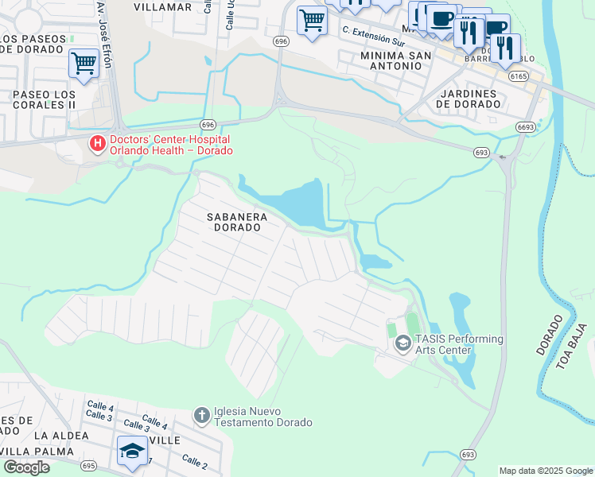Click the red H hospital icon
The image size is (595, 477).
[97, 143]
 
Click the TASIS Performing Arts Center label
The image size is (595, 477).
[459, 344]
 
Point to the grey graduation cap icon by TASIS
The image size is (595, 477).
[402, 343]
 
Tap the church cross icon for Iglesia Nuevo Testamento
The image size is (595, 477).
[202, 415]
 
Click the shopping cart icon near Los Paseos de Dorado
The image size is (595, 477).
[84, 63]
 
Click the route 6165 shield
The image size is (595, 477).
[519, 76]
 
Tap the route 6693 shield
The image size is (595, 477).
[525, 126]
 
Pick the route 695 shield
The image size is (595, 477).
[88, 465]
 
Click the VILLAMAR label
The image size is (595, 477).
[162, 7]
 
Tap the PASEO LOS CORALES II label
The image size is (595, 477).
[44, 99]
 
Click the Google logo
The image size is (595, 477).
[26, 467]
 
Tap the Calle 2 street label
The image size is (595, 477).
[194, 460]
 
